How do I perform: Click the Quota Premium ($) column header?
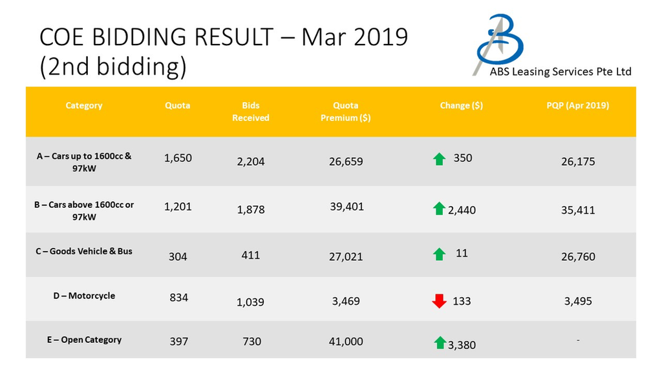point(346,111)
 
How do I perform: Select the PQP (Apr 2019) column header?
point(577,105)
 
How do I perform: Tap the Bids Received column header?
point(251,111)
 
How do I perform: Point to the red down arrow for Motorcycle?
point(439,301)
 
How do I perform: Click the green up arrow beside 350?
point(439,158)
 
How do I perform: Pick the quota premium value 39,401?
point(347,207)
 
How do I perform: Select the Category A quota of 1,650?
point(178,158)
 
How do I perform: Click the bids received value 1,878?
point(251,210)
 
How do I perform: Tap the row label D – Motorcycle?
point(84,296)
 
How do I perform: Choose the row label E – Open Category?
point(84,340)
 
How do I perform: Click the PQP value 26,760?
point(577,256)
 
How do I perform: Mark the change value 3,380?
point(462,345)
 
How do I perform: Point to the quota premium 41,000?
point(347,341)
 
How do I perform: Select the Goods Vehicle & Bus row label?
point(84,251)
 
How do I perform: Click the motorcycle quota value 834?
point(178,298)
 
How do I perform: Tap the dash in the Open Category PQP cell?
point(577,340)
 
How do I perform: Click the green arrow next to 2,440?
point(439,209)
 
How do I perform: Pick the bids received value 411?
point(251,255)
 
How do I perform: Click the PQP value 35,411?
point(577,210)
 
